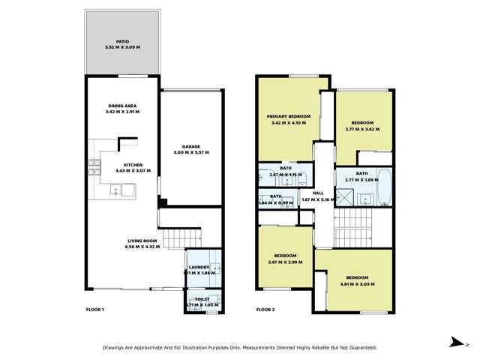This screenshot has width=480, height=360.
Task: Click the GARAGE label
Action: (190, 146)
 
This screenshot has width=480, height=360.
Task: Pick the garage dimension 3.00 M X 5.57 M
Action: (190, 152)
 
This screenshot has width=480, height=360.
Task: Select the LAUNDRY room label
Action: (199, 267)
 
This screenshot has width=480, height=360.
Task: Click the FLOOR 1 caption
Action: (94, 310)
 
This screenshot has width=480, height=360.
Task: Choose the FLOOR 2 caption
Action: (265, 310)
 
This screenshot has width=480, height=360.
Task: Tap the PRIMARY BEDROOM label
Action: (289, 116)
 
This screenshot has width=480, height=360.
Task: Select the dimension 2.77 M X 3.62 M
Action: (362, 129)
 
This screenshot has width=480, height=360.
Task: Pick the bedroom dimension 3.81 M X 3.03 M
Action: (356, 284)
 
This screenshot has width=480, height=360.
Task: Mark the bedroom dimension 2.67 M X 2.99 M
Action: (285, 262)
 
